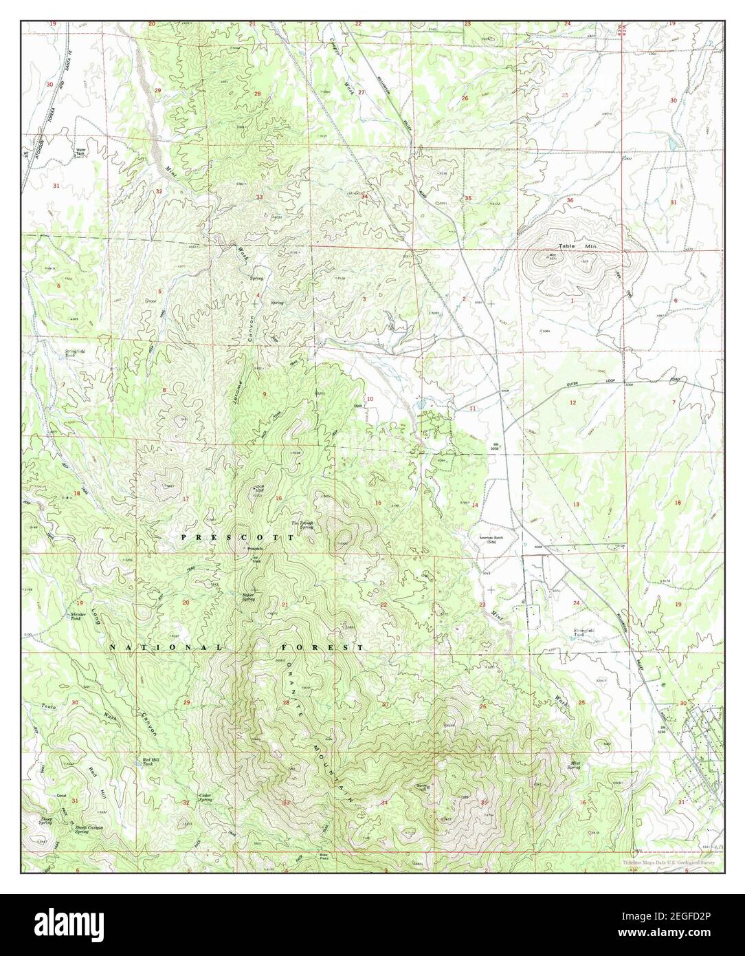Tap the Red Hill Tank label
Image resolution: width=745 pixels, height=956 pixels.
click(x=151, y=761)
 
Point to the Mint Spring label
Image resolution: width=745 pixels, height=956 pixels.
click(x=578, y=765)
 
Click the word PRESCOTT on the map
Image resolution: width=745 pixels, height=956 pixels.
click(x=238, y=536)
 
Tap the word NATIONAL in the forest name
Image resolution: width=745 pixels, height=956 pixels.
click(x=167, y=648)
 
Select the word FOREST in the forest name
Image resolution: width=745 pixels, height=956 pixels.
click(x=322, y=648)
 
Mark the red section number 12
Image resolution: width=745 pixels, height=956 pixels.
click(x=571, y=402)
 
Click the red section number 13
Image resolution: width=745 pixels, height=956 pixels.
click(x=576, y=505)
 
